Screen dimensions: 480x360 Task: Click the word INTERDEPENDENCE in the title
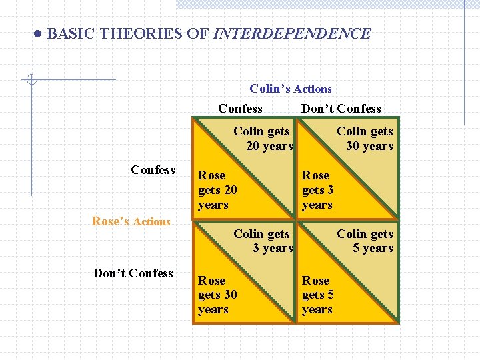pos(292,33)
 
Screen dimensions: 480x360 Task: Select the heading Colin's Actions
pos(290,89)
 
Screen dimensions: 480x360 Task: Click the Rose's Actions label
pos(131,221)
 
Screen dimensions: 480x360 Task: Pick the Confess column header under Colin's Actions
pos(240,109)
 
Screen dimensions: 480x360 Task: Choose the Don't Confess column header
pos(341,109)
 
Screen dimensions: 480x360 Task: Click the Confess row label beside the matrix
pos(153,170)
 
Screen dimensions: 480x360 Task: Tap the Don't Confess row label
pos(133,273)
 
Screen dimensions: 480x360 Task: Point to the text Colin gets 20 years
pos(263,139)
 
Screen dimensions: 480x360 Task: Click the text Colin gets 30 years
pos(366,139)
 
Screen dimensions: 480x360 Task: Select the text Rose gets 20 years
pos(217,190)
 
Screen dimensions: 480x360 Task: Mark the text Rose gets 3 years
pos(317,190)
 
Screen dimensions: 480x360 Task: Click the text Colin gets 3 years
pos(263,241)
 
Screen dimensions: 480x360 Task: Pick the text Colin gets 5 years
pos(366,241)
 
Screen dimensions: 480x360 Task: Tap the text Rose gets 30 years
pos(217,295)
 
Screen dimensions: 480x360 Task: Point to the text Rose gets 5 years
pos(317,295)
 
